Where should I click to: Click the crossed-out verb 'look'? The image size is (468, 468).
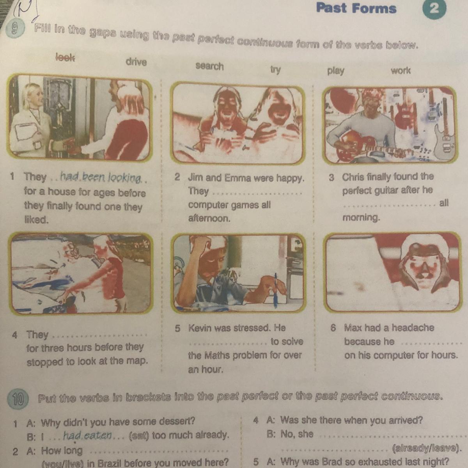coord(66,58)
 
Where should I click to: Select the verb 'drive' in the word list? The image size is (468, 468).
coord(136,62)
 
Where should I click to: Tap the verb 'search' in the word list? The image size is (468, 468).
coord(209,66)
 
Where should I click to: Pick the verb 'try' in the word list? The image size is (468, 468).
coord(275,70)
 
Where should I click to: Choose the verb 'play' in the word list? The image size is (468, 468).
coord(336,71)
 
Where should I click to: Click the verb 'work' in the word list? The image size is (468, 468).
coord(401,71)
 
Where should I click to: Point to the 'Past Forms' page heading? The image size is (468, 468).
coord(356,9)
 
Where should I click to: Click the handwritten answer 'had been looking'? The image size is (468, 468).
coord(101,178)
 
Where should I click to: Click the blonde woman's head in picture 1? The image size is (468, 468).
coord(32,96)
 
